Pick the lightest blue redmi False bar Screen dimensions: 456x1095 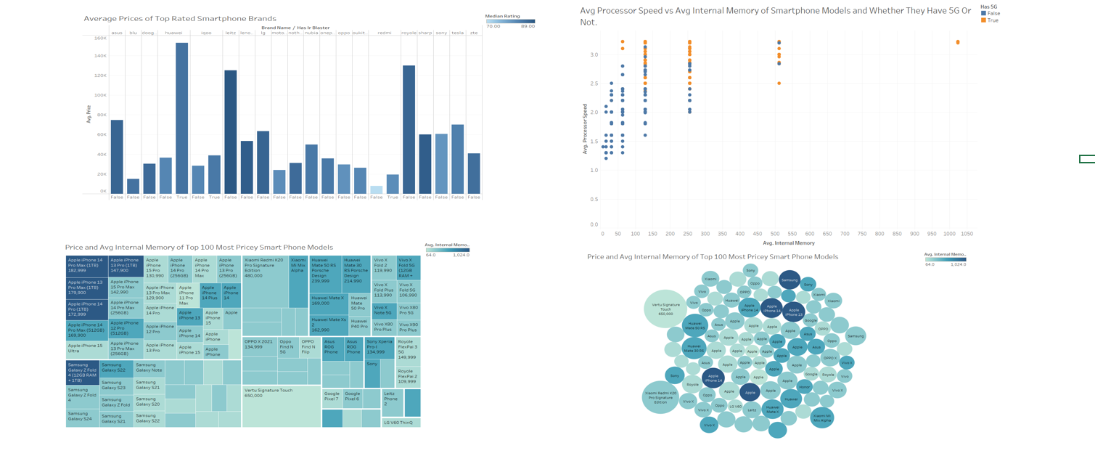pyautogui.click(x=376, y=190)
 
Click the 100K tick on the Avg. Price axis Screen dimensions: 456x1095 pyautogui.click(x=100, y=95)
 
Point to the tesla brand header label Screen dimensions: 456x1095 pyautogui.click(x=457, y=33)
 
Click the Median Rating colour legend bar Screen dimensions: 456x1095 pyautogui.click(x=510, y=21)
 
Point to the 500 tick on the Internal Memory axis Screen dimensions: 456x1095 pyautogui.click(x=774, y=234)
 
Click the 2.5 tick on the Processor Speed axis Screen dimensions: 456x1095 pyautogui.click(x=594, y=84)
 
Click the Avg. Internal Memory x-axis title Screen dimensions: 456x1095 pyautogui.click(x=788, y=243)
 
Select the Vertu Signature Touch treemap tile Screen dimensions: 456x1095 pyautogui.click(x=281, y=406)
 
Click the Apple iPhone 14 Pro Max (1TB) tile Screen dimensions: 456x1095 pyautogui.click(x=86, y=265)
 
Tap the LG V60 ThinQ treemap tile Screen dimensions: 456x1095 pyautogui.click(x=401, y=422)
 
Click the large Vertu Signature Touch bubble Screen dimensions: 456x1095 pyautogui.click(x=665, y=309)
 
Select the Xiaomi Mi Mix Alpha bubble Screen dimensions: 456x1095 pyautogui.click(x=821, y=417)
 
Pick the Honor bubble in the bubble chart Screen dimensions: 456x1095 pyautogui.click(x=804, y=387)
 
